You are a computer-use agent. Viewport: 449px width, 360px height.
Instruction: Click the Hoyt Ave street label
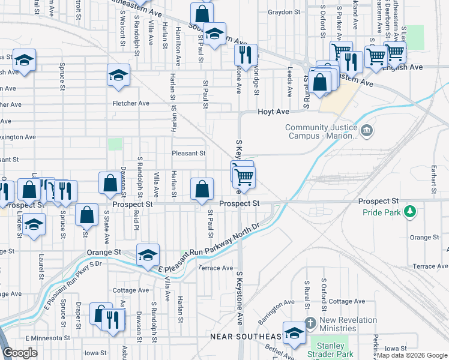274,112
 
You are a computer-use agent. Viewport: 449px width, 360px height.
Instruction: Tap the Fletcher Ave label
131,103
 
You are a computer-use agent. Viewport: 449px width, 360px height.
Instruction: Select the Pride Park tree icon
410,211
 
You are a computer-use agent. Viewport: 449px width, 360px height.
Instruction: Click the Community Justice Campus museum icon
366,130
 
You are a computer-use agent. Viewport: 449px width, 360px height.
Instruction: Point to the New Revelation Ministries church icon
310,322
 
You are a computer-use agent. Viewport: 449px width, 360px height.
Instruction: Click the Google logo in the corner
20,353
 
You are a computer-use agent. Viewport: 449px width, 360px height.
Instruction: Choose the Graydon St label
284,12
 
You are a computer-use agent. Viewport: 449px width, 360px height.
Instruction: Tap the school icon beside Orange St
148,255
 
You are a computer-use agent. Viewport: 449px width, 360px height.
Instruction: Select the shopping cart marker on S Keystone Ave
244,177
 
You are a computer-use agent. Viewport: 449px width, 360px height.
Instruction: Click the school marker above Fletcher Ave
118,76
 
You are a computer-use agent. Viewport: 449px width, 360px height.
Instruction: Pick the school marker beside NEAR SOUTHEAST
294,334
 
